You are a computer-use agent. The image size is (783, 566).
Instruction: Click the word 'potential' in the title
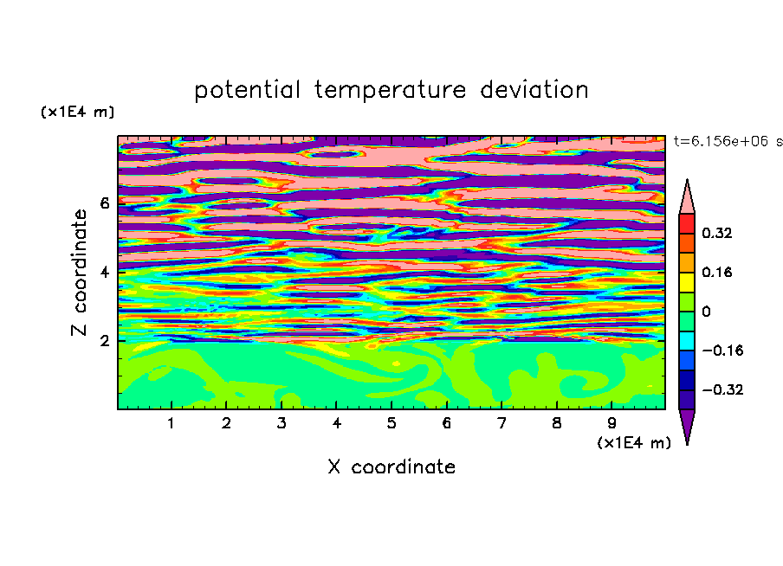point(247,90)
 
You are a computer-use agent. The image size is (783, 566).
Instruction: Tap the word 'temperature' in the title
point(390,90)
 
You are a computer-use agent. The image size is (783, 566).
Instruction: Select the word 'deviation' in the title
point(534,90)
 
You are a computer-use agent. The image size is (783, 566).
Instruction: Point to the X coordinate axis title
point(391,466)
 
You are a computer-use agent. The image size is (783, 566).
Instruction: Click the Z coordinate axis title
point(80,272)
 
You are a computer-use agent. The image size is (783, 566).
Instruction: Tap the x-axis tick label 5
point(391,423)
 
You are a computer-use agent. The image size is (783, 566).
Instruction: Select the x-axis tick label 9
point(612,423)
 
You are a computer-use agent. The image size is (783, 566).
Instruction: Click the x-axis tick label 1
point(171,423)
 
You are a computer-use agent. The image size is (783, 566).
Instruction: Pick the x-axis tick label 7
point(502,423)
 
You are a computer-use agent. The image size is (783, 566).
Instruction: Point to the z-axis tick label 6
point(104,203)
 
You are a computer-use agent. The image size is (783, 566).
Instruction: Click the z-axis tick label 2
point(104,341)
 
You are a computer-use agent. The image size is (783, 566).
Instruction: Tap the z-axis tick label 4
point(104,272)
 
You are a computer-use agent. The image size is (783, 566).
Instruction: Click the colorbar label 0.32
point(717,233)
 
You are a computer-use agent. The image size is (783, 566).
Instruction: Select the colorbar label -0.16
point(722,351)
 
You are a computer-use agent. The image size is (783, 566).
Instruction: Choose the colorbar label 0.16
point(717,272)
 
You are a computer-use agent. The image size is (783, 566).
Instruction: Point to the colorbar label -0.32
point(722,389)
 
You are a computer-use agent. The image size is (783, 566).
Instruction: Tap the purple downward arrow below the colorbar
point(687,424)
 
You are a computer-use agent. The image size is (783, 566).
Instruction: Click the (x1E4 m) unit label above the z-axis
point(77,112)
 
